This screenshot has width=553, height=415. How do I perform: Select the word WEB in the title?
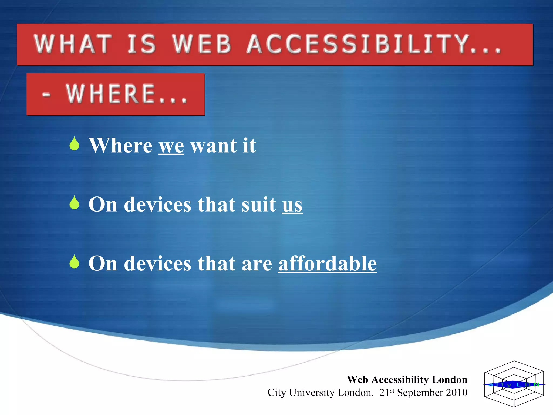coord(202,44)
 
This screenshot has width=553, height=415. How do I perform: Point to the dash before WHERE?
coord(46,95)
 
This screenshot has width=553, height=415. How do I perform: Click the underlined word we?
coord(171,146)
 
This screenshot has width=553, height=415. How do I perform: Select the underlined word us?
coord(292,205)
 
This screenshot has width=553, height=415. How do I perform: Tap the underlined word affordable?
coord(327,264)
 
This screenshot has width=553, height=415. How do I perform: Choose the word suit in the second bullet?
coord(259,205)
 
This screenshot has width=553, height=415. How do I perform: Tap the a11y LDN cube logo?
coord(514,384)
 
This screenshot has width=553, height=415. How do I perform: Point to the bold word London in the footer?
coord(449,380)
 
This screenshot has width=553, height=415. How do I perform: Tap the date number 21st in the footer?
coord(386,392)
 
